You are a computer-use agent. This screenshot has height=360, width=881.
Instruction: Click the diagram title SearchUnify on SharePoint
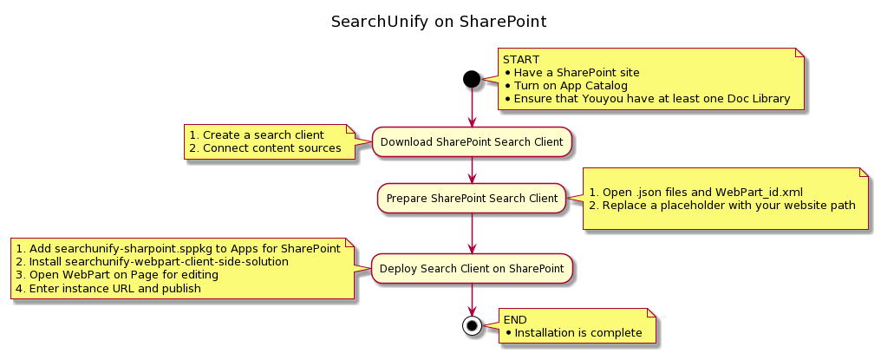click(x=439, y=21)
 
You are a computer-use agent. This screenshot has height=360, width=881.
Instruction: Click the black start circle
click(x=472, y=79)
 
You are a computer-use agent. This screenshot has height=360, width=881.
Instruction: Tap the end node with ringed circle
click(x=472, y=326)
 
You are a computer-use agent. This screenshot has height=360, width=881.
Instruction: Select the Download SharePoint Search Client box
click(x=472, y=141)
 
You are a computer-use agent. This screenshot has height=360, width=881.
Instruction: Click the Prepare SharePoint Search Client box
click(x=472, y=199)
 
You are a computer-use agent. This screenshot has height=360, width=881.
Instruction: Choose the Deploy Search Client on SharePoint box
click(x=472, y=269)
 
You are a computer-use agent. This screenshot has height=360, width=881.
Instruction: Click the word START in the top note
click(x=521, y=60)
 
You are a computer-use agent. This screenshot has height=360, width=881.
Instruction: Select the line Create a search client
click(x=257, y=135)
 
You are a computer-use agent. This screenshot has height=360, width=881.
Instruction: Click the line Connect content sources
click(x=265, y=148)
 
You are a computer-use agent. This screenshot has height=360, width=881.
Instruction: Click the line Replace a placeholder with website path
click(x=722, y=206)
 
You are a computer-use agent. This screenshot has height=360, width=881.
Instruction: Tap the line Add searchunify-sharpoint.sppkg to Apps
click(x=178, y=248)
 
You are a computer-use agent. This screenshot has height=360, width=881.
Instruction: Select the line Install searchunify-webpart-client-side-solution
click(x=170, y=261)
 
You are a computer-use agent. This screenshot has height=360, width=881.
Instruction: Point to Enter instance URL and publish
click(x=108, y=288)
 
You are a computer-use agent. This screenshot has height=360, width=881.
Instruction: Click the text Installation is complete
click(x=578, y=333)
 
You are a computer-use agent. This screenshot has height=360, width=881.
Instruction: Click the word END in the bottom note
click(x=515, y=320)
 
